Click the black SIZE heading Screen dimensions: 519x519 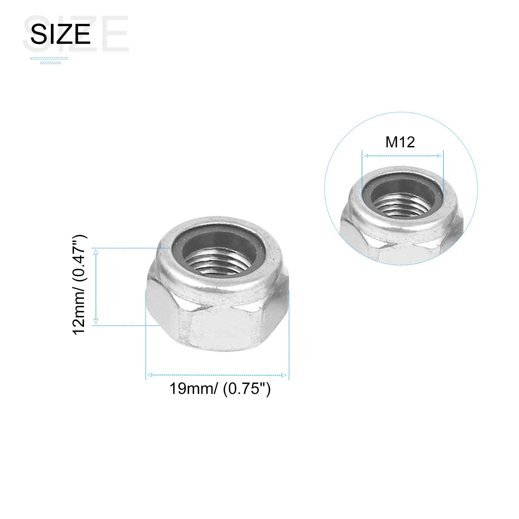[60, 34]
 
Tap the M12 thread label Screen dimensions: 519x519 [400, 142]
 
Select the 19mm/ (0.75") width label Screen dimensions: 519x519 [220, 388]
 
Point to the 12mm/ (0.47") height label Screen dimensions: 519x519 [79, 285]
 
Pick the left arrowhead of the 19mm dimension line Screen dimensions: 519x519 [149, 375]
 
